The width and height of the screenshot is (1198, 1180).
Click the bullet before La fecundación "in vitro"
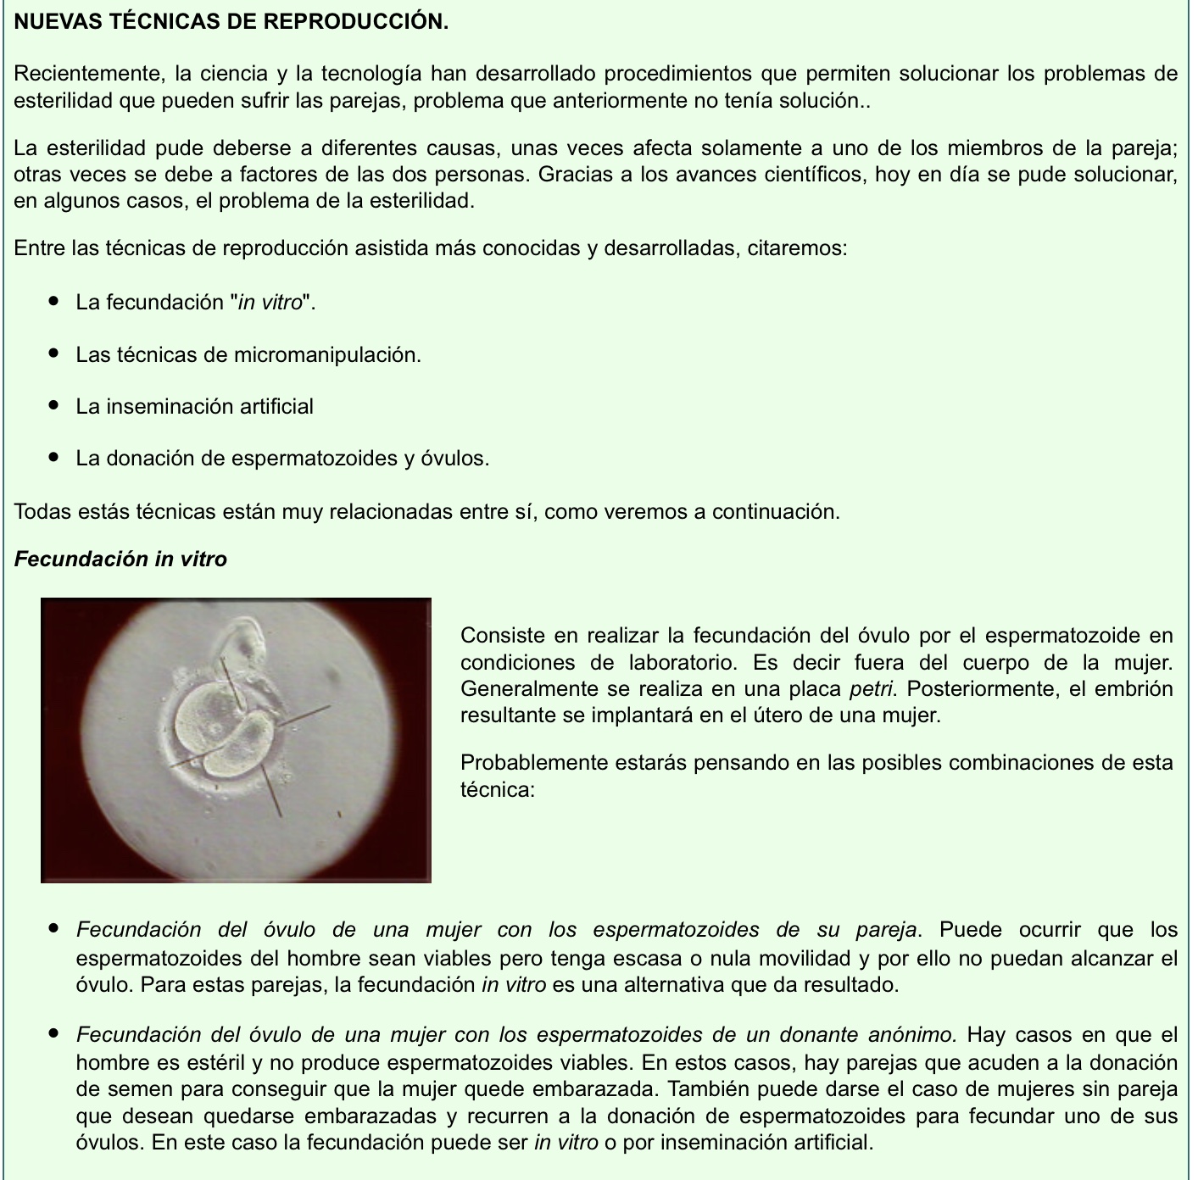pyautogui.click(x=54, y=302)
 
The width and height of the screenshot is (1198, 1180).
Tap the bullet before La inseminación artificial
pyautogui.click(x=54, y=406)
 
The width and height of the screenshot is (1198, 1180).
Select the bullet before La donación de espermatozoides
pyautogui.click(x=54, y=458)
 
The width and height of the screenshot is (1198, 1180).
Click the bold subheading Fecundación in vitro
pyautogui.click(x=120, y=559)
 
